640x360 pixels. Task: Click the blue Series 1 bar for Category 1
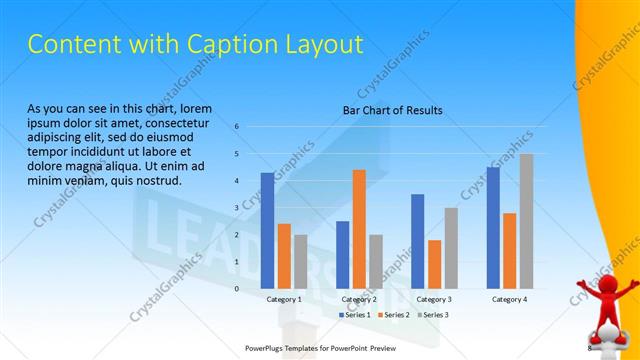click(267, 230)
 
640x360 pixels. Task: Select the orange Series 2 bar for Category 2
click(359, 229)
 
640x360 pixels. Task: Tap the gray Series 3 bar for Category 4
click(526, 221)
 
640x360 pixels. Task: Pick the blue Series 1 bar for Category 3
click(417, 241)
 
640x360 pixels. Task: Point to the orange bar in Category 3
click(434, 264)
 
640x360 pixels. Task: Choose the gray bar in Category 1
click(300, 261)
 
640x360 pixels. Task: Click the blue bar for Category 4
click(492, 227)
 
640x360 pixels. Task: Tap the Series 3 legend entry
click(433, 315)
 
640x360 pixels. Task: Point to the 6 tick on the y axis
click(237, 127)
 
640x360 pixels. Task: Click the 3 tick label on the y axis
click(237, 208)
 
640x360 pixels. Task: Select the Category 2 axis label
click(359, 300)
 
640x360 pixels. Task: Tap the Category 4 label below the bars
click(509, 300)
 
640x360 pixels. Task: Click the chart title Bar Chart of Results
click(392, 110)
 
